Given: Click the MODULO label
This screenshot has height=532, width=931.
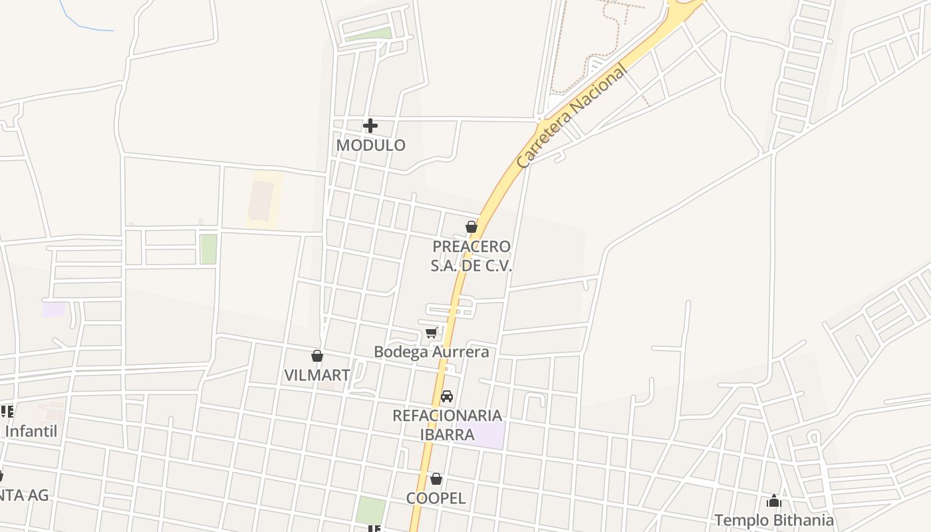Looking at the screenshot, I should coord(370,145).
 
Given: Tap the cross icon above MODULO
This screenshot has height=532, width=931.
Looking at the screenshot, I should coord(370,125).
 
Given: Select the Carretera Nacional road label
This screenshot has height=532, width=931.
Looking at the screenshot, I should coord(571,117).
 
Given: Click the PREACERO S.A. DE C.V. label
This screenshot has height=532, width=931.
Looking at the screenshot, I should coord(471,256).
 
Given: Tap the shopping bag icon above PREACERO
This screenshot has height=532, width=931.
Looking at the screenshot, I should coord(471,227).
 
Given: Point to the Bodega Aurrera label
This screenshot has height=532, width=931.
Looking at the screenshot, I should coord(431,352).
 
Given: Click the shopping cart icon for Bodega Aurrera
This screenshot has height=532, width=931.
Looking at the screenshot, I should coord(432,332).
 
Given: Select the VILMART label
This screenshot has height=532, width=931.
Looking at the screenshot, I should coord(317,375).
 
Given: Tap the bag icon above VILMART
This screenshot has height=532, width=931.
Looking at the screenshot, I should coord(317,356).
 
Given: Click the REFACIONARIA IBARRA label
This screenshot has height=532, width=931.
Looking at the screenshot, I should coord(447,425).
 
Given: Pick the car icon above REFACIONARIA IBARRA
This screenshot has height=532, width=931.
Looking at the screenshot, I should coord(447,396).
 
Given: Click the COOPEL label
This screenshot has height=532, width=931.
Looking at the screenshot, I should coord(436,498).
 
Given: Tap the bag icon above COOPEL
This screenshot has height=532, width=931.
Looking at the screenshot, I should coord(436,478).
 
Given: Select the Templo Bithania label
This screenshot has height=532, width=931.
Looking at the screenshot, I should coord(774,520).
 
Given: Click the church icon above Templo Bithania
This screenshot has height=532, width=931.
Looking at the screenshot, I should coord(774,500).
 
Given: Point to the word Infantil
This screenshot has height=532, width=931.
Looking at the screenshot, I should coord(31,431).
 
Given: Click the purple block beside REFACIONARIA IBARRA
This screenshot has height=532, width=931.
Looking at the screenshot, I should coord(489,435).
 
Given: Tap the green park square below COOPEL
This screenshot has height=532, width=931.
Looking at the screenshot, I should coord(370,510).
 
